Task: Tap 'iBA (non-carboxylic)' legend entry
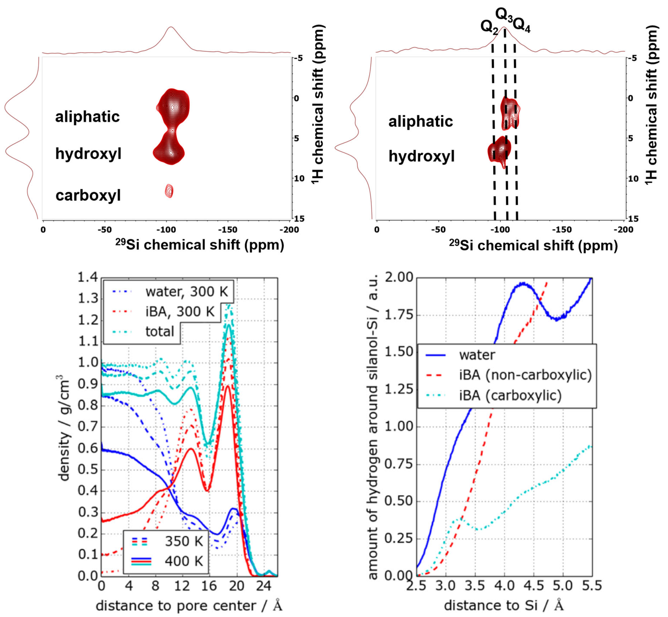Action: point(525,375)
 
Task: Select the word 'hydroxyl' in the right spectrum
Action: point(421,156)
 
